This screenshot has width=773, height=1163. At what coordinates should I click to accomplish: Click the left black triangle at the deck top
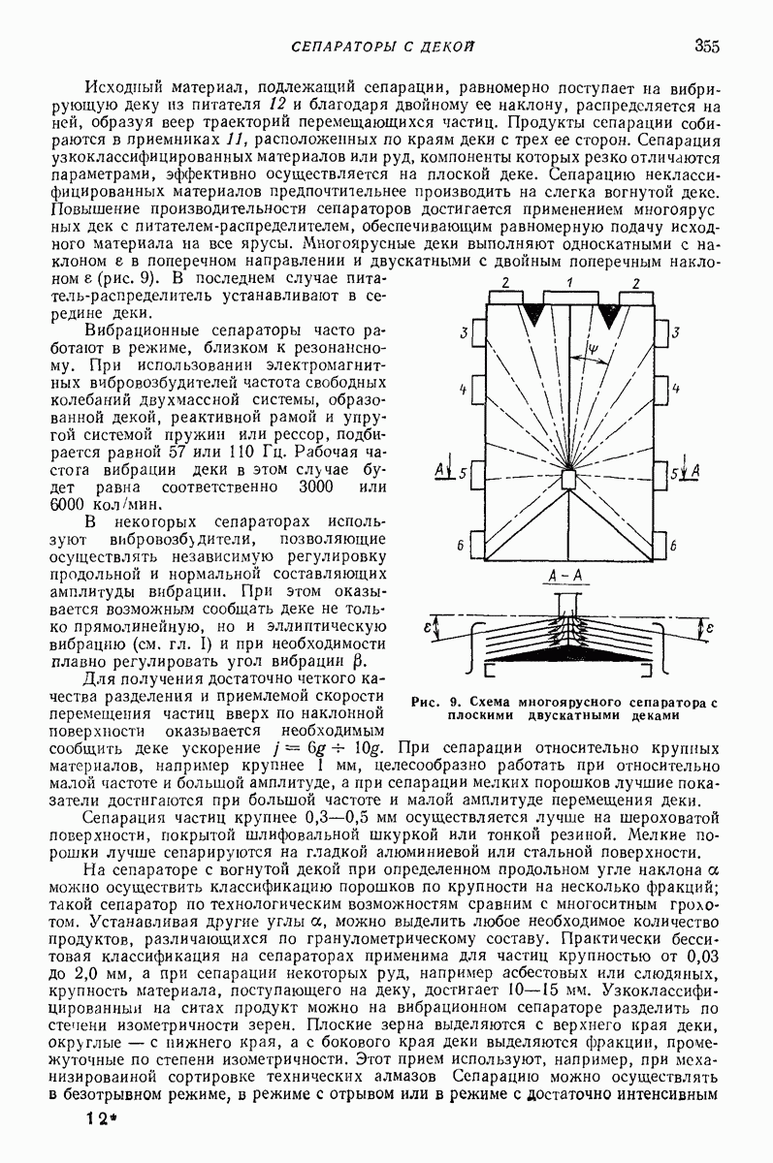pos(533,314)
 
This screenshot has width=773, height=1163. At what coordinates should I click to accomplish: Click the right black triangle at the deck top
pos(609,314)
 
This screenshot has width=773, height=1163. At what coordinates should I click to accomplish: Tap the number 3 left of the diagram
pos(467,333)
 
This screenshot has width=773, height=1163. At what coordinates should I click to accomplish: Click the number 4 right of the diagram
pos(674,389)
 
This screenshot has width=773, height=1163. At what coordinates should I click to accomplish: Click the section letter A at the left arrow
pos(440,470)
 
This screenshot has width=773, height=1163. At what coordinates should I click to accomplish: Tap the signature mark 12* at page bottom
pos(98,1117)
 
